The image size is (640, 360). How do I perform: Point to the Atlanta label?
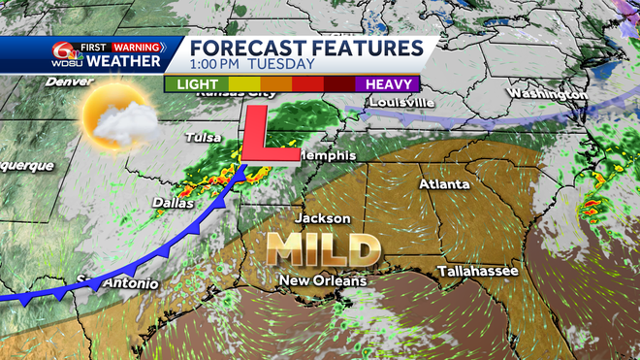[444, 184]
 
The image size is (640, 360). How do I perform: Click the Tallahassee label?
[477, 271]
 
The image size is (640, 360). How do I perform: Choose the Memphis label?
[327, 155]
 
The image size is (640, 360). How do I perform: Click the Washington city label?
[547, 94]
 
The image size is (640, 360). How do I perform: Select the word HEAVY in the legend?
[389, 84]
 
